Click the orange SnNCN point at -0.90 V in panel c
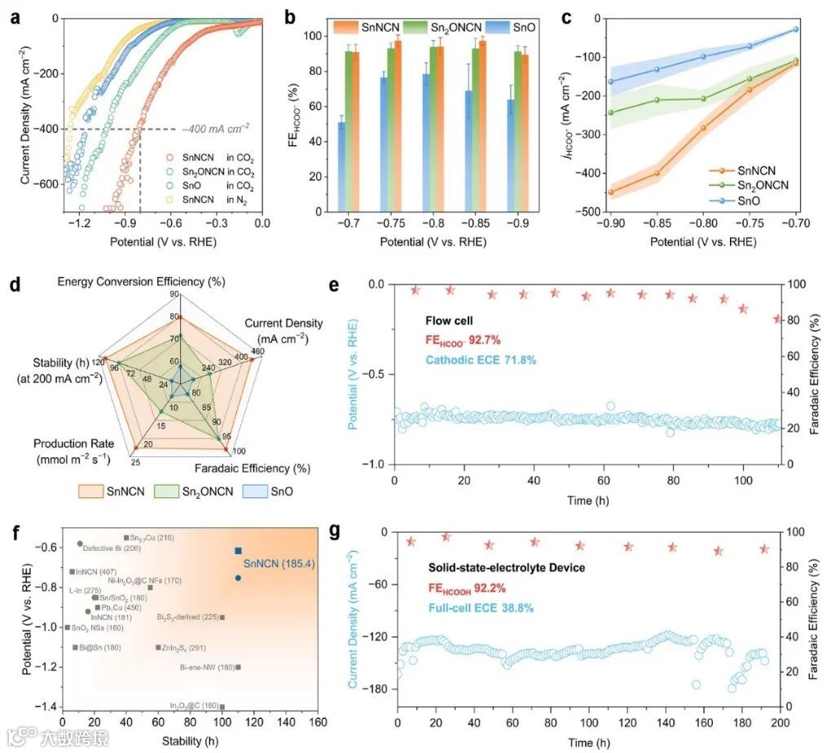(x=610, y=192)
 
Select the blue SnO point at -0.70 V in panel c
(x=796, y=29)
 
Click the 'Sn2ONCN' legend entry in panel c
(x=761, y=184)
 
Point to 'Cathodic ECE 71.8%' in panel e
(x=479, y=359)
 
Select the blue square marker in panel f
(x=238, y=551)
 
